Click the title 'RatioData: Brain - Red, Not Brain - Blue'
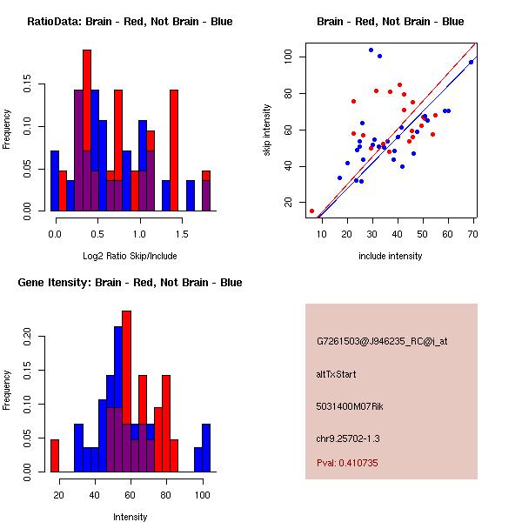pyautogui.click(x=130, y=22)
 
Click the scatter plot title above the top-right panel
pyautogui.click(x=390, y=22)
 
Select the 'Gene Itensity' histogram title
pyautogui.click(x=130, y=283)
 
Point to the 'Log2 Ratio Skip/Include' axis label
pyautogui.click(x=130, y=257)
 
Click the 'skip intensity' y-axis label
pyautogui.click(x=268, y=130)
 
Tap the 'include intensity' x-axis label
pyautogui.click(x=391, y=257)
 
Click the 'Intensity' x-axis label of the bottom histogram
pyautogui.click(x=130, y=517)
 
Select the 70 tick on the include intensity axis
pyautogui.click(x=473, y=234)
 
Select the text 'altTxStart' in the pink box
pyautogui.click(x=337, y=374)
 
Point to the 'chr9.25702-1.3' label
pyautogui.click(x=348, y=437)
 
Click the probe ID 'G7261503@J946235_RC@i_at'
pyautogui.click(x=382, y=342)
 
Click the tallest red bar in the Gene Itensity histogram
pyautogui.click(x=126, y=391)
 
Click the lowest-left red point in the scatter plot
pyautogui.click(x=311, y=211)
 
